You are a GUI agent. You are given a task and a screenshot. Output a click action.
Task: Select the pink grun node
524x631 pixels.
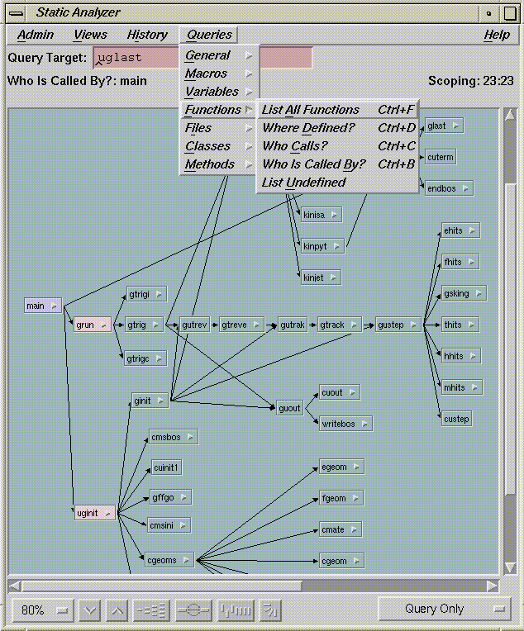(x=92, y=325)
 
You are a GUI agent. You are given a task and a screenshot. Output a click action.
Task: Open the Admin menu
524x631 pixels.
(x=36, y=35)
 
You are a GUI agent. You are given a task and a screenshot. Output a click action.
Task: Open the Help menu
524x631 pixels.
(x=497, y=35)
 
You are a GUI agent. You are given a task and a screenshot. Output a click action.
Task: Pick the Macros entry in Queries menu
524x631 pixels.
(x=207, y=74)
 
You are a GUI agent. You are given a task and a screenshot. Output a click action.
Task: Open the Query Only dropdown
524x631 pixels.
(x=444, y=610)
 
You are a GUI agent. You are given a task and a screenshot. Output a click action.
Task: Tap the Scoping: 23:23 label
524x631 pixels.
(x=471, y=81)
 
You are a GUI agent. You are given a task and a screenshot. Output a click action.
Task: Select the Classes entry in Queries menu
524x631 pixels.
(x=208, y=146)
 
